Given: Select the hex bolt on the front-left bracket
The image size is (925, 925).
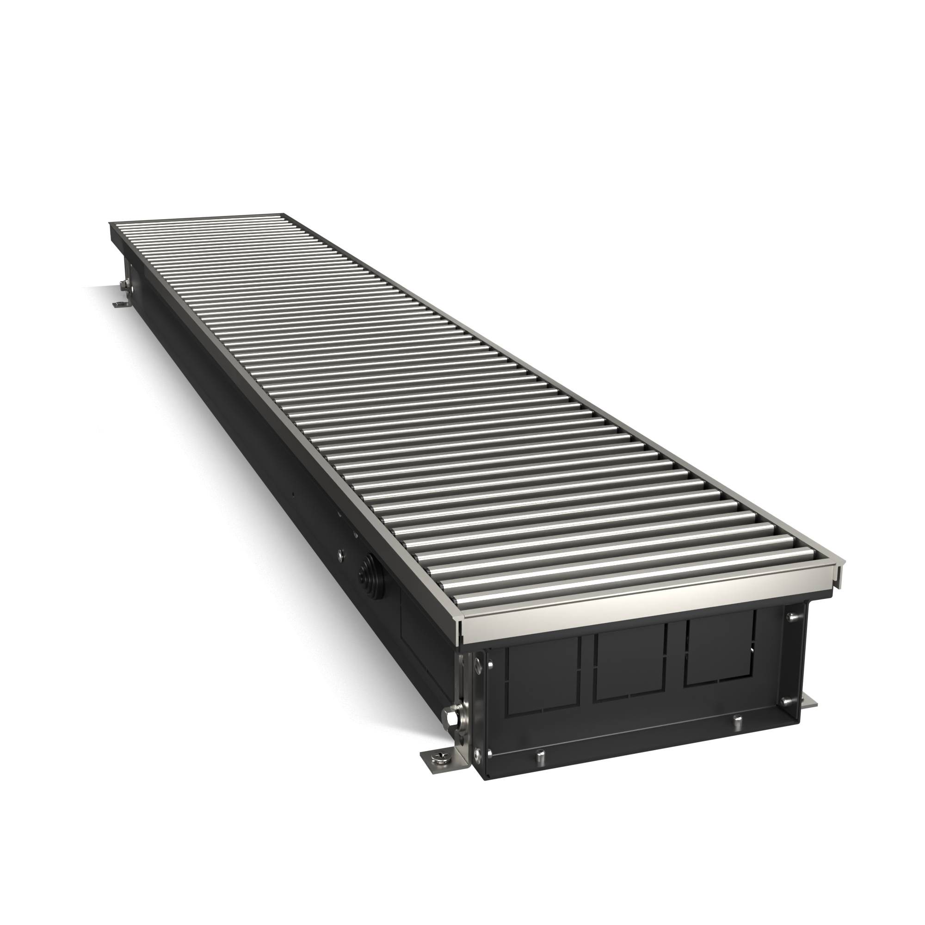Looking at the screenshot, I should [450, 728].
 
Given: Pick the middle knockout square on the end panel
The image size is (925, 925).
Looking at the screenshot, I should [630, 667].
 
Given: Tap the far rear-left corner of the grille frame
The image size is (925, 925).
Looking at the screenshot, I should [111, 223].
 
